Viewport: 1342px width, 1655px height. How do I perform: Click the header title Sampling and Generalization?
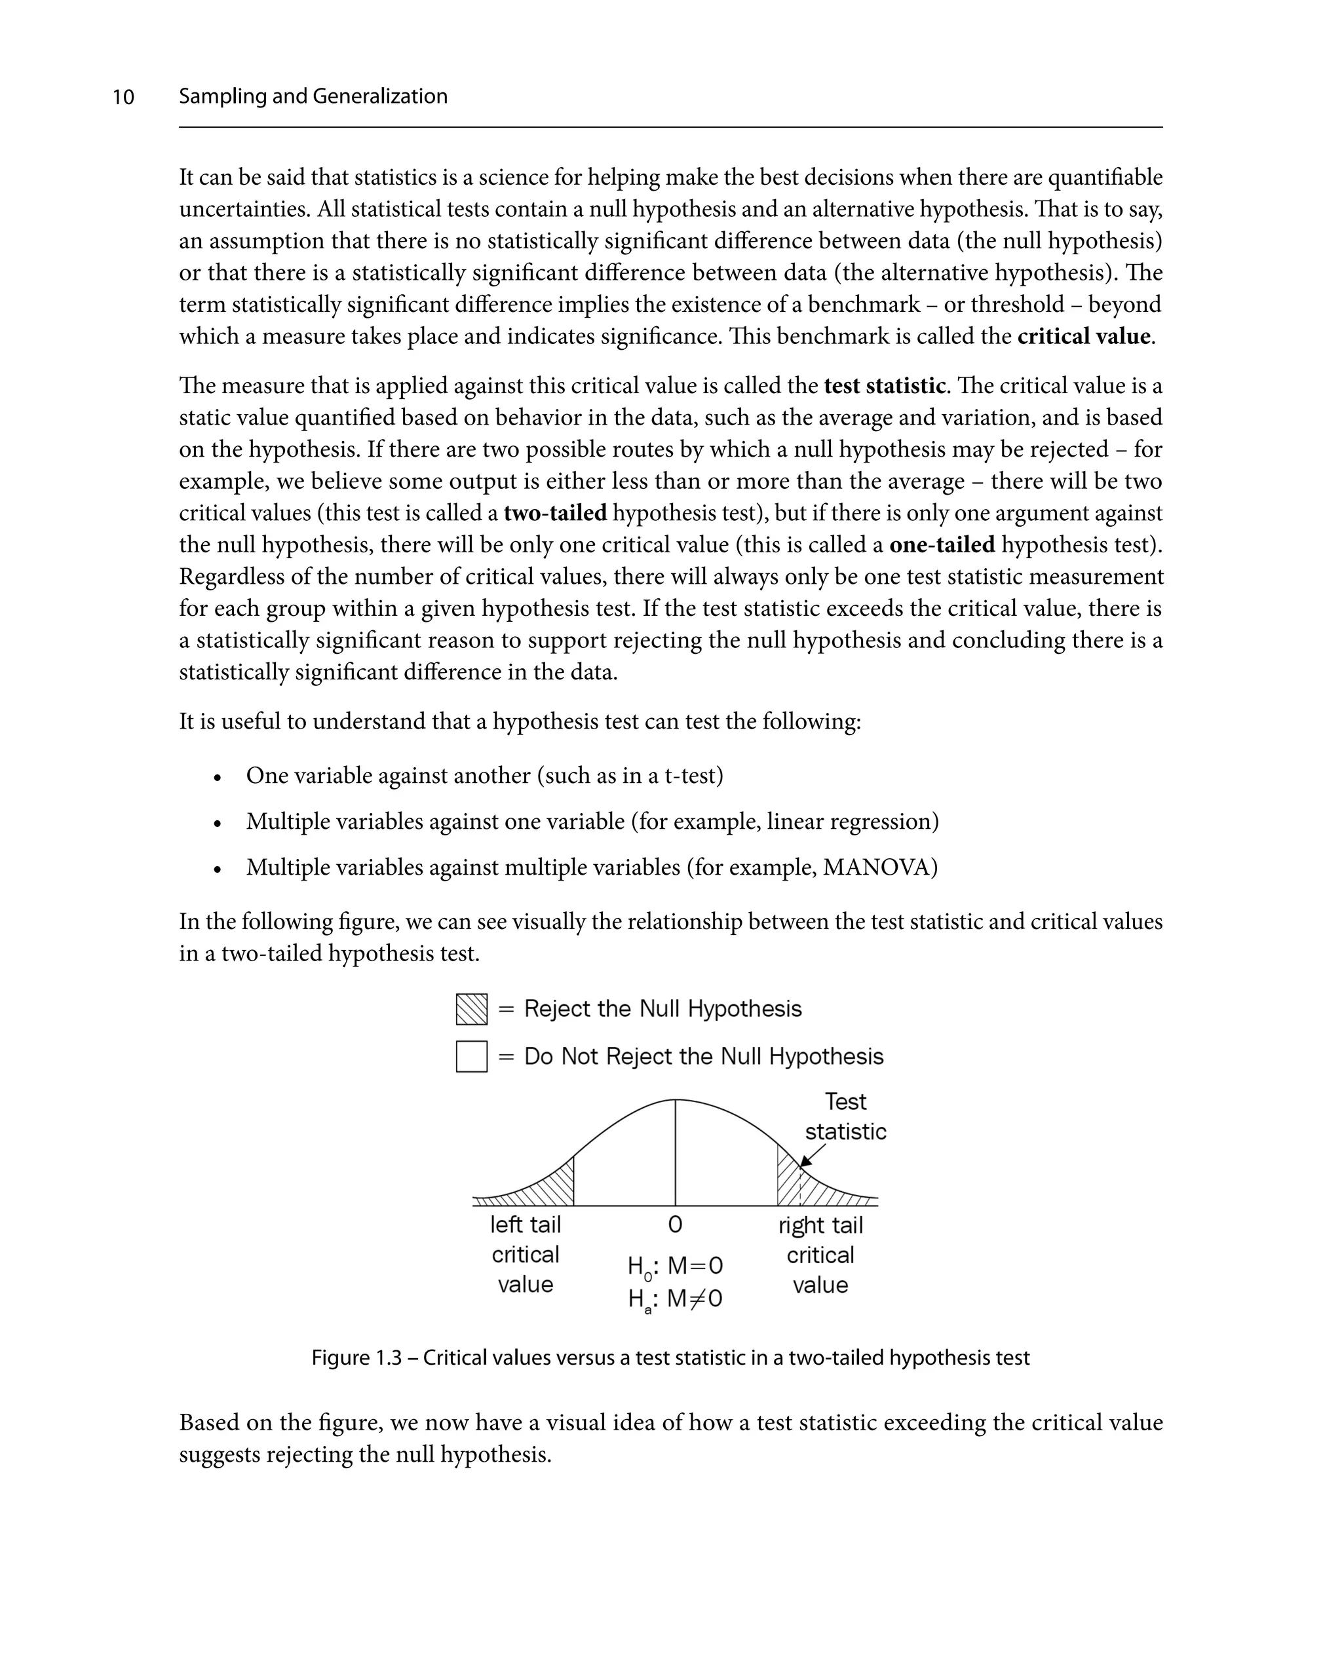(313, 96)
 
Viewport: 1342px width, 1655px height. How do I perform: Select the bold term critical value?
(1084, 337)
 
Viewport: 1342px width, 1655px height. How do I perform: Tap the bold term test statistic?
(885, 386)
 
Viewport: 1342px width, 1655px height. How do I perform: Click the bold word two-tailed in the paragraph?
(555, 513)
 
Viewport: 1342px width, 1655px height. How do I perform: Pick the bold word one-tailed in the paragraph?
(942, 545)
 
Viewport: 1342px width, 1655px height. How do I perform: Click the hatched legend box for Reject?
(472, 1010)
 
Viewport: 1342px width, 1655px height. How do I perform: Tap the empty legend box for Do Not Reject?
(472, 1057)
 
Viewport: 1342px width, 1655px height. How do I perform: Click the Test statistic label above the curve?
(846, 1116)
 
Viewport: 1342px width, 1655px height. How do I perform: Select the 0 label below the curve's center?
(675, 1225)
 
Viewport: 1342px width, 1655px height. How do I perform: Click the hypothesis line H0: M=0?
(675, 1267)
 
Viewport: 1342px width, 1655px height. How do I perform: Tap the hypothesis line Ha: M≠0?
(675, 1299)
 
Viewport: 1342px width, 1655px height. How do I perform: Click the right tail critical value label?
(820, 1255)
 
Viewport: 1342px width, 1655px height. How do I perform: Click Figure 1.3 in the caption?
(356, 1358)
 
